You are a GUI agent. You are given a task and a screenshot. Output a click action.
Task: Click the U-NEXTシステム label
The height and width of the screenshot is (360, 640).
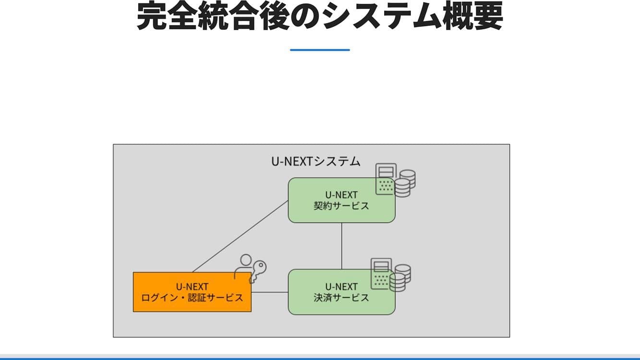tap(316, 161)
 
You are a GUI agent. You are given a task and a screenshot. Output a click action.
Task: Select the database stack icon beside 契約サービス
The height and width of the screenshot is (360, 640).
tap(405, 183)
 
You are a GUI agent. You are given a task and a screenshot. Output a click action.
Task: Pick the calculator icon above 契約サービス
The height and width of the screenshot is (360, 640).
tap(386, 179)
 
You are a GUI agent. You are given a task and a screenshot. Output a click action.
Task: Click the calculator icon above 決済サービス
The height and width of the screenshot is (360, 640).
tap(381, 274)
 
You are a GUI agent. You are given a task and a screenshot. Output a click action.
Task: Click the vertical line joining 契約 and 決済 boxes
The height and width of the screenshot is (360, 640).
tap(341, 246)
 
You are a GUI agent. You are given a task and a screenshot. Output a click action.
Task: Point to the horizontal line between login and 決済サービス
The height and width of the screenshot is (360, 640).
tap(269, 292)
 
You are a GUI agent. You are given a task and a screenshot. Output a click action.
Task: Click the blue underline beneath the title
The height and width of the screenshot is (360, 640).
tap(320, 50)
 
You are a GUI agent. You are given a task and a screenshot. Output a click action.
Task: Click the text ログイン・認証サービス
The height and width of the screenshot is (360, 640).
tap(192, 298)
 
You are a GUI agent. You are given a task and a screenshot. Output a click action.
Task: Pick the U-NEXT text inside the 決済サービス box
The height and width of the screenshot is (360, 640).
tap(341, 287)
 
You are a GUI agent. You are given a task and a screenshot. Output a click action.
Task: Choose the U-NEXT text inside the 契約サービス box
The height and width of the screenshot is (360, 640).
tap(341, 195)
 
